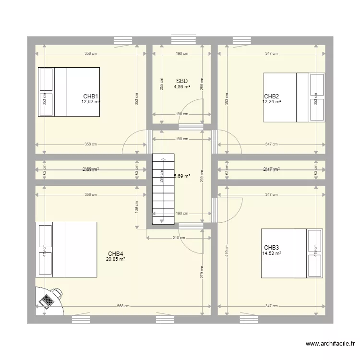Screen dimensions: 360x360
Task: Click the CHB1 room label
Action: pyautogui.click(x=91, y=96)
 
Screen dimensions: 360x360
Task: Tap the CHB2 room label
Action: pyautogui.click(x=272, y=96)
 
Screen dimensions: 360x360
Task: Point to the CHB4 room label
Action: pyautogui.click(x=116, y=253)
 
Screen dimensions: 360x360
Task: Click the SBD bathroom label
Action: pyautogui.click(x=182, y=81)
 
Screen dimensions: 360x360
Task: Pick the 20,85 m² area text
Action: pyautogui.click(x=116, y=259)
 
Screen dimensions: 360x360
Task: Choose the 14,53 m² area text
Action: pyautogui.click(x=272, y=253)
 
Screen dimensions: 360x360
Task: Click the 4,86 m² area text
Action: pyautogui.click(x=182, y=87)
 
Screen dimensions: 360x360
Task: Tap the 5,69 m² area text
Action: pyautogui.click(x=182, y=176)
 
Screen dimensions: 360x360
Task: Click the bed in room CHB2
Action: pyautogui.click(x=294, y=97)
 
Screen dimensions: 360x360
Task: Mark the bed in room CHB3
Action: pyautogui.click(x=292, y=253)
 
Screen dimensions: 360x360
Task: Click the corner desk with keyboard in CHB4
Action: pyautogui.click(x=49, y=300)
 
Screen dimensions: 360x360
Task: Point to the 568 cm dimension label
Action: pyautogui.click(x=123, y=306)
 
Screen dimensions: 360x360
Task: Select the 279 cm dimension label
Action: pyautogui.click(x=202, y=273)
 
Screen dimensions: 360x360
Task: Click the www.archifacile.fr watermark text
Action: pyautogui.click(x=330, y=343)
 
